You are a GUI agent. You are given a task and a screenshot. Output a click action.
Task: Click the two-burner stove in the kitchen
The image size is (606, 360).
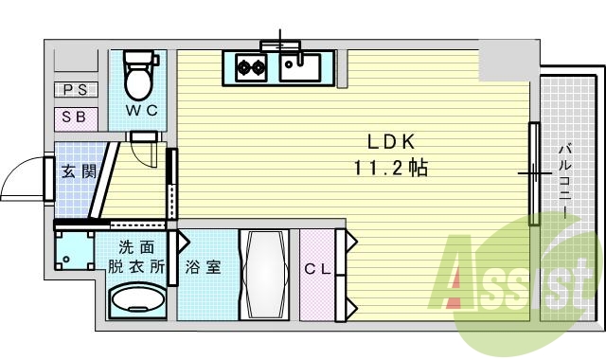(251, 67)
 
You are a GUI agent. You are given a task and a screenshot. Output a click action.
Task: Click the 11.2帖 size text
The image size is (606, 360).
(391, 169)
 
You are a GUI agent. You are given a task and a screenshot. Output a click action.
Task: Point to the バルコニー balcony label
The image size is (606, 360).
(564, 180)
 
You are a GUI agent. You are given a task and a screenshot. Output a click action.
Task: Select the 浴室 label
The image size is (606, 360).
(203, 267)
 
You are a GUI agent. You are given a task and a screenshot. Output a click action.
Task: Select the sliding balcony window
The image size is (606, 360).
(534, 173)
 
